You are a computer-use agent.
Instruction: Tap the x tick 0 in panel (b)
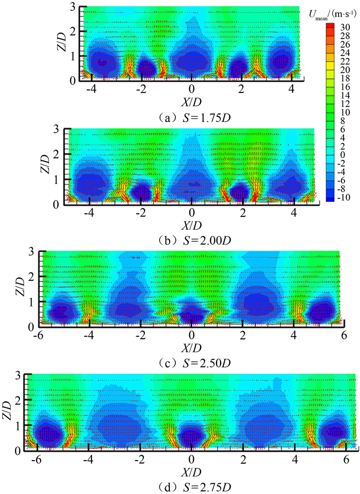pyautogui.click(x=192, y=213)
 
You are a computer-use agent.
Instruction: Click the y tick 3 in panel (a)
pyautogui.click(x=75, y=7)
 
